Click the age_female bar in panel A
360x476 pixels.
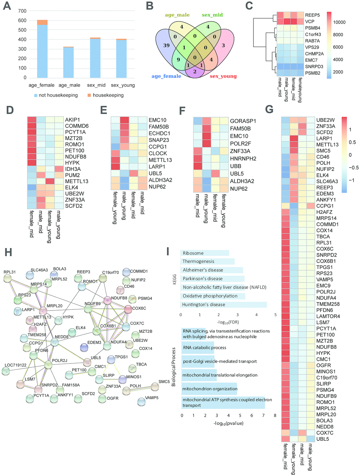pos(42,49)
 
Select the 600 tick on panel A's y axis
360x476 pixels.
pos(22,20)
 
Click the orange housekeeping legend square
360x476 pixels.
pos(89,95)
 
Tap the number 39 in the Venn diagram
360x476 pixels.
pos(166,46)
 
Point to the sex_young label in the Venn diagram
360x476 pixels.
pos(223,76)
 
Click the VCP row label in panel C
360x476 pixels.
pos(310,22)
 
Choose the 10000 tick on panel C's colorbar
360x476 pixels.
pos(339,22)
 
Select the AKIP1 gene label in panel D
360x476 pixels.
pos(72,120)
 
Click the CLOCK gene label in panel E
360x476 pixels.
pos(158,153)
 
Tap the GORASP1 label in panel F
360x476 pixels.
pos(243,121)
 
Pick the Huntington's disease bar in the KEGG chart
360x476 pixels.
pos(224,305)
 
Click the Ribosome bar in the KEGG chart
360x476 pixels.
pos(205,253)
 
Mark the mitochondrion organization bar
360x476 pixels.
pos(209,389)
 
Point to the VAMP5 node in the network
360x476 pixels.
pos(141,401)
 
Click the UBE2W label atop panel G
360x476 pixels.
pos(325,120)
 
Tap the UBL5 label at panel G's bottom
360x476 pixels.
pos(323,439)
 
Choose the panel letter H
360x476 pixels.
pos(8,252)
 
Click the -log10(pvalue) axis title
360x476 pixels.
pos(228,423)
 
